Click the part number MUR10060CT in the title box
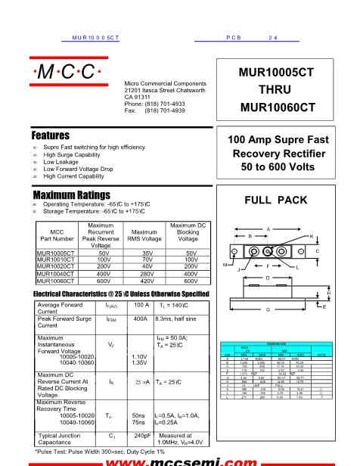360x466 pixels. [277, 107]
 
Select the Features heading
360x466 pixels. [51, 135]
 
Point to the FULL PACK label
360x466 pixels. [277, 200]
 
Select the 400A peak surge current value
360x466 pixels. [140, 320]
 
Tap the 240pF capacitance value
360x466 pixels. [141, 436]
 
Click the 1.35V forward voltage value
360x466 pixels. [139, 362]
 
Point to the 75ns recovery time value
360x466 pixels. [138, 422]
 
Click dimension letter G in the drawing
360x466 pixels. [267, 310]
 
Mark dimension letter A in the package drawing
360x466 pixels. [268, 228]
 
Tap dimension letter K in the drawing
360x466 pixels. [311, 237]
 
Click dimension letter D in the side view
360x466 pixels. [267, 278]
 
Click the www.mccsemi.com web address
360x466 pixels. [182, 458]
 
